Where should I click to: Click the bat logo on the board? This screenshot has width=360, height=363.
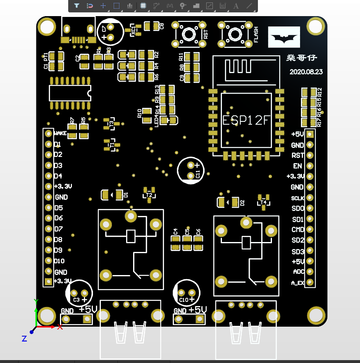pyautogui.click(x=284, y=37)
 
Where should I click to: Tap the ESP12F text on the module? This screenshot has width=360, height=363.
pyautogui.click(x=246, y=120)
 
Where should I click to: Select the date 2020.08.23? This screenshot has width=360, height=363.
pyautogui.click(x=306, y=71)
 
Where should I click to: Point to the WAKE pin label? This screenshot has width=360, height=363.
pyautogui.click(x=60, y=133)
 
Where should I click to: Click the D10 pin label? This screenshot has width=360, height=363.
pyautogui.click(x=60, y=261)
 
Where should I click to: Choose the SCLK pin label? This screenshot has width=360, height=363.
pyautogui.click(x=298, y=198)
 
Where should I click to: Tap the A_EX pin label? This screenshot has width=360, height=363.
pyautogui.click(x=298, y=283)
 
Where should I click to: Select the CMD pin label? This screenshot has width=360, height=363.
pyautogui.click(x=298, y=230)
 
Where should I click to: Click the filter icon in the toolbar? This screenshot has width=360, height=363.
pyautogui.click(x=76, y=6)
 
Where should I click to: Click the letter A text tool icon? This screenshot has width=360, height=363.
pyautogui.click(x=236, y=6)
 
